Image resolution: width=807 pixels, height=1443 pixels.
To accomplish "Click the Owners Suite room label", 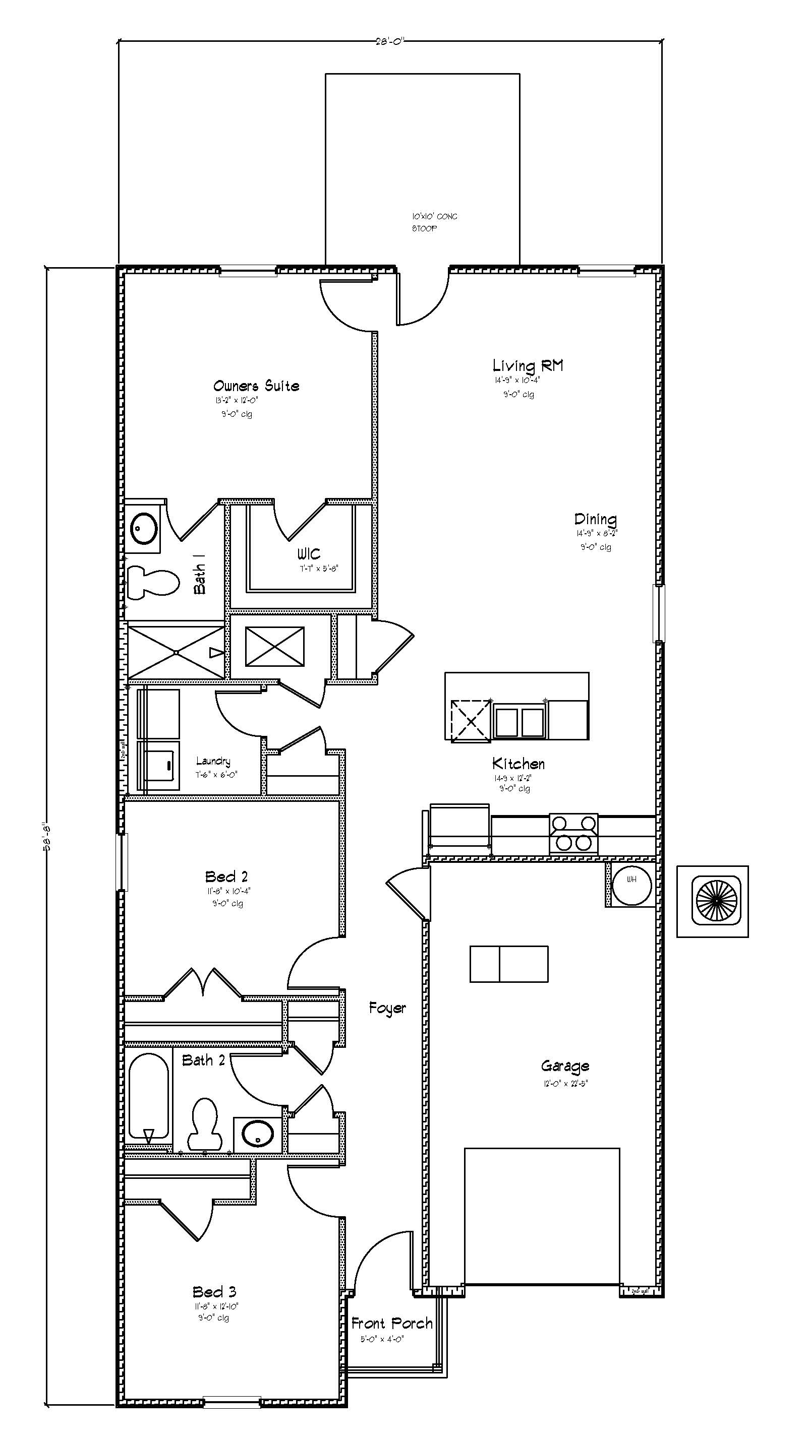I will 256,386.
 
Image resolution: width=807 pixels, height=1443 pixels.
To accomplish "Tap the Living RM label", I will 528,366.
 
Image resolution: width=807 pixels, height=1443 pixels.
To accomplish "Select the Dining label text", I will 595,519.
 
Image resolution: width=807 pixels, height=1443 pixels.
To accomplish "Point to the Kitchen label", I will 518,764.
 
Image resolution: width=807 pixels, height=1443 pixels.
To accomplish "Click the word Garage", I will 565,1066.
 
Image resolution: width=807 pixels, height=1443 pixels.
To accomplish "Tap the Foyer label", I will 387,1009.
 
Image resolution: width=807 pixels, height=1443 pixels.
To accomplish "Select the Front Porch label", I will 392,1324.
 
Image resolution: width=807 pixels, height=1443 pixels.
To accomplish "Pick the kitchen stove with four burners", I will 573,834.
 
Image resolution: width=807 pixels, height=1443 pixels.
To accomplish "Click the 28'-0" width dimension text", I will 390,41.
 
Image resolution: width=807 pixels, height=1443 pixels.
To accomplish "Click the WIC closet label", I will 309,554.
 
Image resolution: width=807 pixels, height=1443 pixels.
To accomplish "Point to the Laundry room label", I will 213,761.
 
